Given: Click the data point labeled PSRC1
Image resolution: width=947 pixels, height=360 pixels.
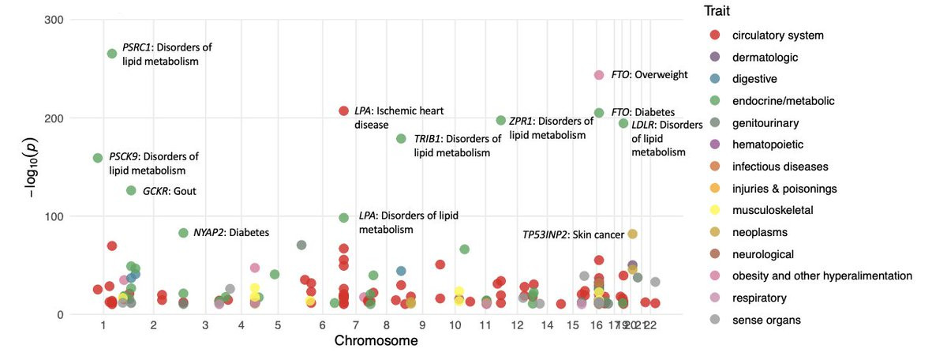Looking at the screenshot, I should (112, 54).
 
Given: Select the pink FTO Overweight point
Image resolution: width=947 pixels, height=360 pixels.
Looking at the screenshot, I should (599, 75).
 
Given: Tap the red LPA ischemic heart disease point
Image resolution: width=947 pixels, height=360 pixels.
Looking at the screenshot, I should (343, 111).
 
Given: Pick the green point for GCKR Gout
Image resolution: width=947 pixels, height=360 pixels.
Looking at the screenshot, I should (131, 190).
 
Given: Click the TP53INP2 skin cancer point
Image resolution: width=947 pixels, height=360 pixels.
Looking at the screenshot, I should (632, 234).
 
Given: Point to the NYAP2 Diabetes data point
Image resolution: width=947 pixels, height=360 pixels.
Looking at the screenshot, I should (183, 233).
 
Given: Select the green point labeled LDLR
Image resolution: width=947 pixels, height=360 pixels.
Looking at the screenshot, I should (623, 123).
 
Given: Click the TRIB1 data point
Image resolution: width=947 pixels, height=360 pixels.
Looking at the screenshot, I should (401, 139).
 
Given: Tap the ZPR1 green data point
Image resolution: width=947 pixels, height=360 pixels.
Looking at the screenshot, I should (500, 120).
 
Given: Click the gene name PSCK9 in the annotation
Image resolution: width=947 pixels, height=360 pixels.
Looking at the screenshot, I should (124, 156).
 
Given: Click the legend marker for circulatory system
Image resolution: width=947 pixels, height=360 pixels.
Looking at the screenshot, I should (715, 36).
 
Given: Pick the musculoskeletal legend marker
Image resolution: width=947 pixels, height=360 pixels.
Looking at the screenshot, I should (715, 211).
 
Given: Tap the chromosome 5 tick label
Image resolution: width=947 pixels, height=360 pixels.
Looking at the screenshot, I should (277, 325).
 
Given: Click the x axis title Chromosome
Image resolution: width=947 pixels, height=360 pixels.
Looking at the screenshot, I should (376, 341).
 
